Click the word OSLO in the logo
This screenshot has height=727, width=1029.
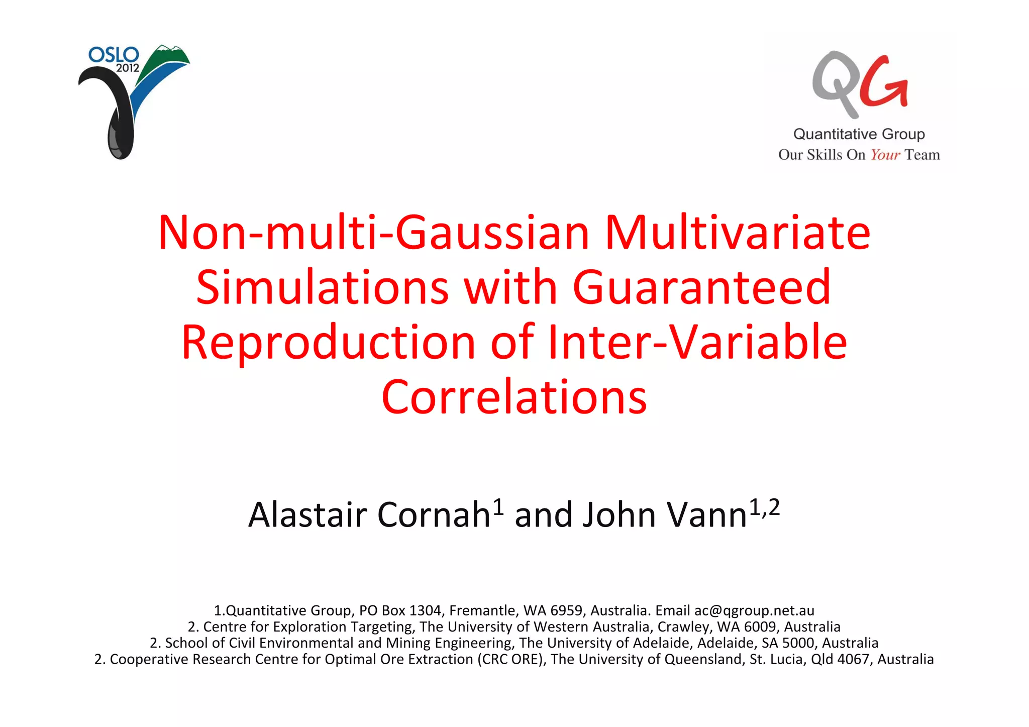[x=114, y=55]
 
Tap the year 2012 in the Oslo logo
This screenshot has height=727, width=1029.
[x=128, y=68]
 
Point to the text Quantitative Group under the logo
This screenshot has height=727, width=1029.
[x=859, y=134]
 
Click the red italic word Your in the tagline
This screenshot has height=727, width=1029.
[x=885, y=155]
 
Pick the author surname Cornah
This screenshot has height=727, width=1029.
[x=433, y=515]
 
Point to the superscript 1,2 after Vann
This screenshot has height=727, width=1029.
[x=764, y=507]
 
